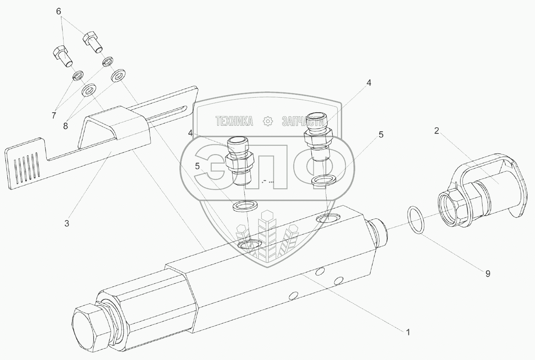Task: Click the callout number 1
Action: (407, 332)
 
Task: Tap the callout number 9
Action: (487, 273)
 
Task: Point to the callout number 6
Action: (59, 12)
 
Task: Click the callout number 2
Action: (436, 131)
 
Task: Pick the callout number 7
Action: (54, 116)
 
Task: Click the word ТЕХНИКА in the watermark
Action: (234, 121)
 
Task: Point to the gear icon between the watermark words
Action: (268, 121)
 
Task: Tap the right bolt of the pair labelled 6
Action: (93, 42)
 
